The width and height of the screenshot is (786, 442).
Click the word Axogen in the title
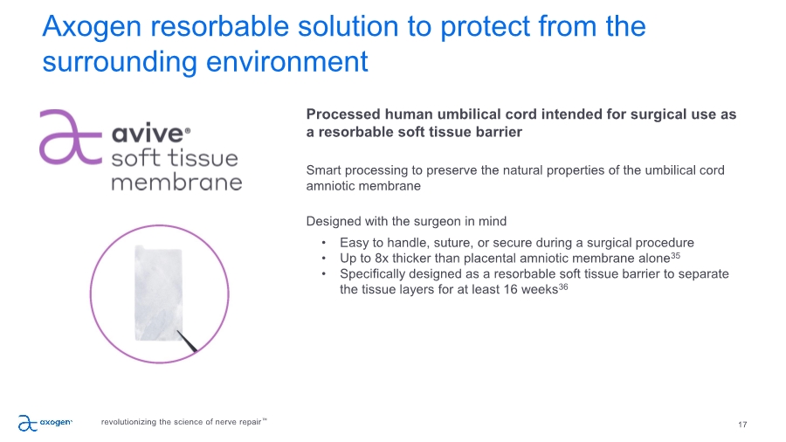[92, 27]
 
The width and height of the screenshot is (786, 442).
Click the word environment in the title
[287, 62]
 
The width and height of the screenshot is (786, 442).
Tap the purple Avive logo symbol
[71, 137]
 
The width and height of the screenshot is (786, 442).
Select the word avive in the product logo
[148, 134]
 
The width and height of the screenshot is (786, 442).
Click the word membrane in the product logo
[176, 182]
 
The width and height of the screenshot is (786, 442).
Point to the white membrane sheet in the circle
[158, 294]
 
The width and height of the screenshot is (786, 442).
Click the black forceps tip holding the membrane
[188, 341]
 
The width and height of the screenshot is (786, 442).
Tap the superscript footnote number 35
[675, 256]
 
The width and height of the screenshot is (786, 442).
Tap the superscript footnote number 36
[563, 287]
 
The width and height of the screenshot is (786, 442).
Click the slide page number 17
[742, 425]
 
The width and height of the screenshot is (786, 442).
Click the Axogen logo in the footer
[45, 423]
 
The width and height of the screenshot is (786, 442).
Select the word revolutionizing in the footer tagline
[129, 422]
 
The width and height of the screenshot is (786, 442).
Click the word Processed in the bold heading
[343, 114]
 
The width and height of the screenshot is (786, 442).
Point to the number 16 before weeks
[511, 290]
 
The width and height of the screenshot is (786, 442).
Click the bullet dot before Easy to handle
[324, 243]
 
